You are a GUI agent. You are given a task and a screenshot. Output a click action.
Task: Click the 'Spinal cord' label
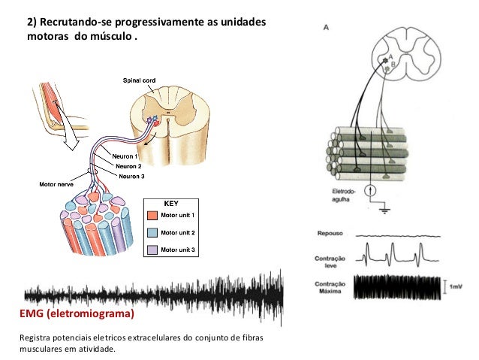pos(140,80)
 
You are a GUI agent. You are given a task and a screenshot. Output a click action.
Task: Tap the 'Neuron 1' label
pos(127,156)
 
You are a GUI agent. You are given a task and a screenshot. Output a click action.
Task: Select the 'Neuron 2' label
pos(129,165)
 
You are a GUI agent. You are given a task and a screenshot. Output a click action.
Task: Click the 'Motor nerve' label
pos(56,183)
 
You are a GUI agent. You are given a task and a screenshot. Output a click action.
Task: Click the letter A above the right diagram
pos(325,27)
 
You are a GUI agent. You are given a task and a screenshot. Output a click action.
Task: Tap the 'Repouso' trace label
pos(331,233)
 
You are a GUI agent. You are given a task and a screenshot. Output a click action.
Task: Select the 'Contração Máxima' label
pos(331,287)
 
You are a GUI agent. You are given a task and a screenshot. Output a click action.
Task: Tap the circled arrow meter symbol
pos(369,191)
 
